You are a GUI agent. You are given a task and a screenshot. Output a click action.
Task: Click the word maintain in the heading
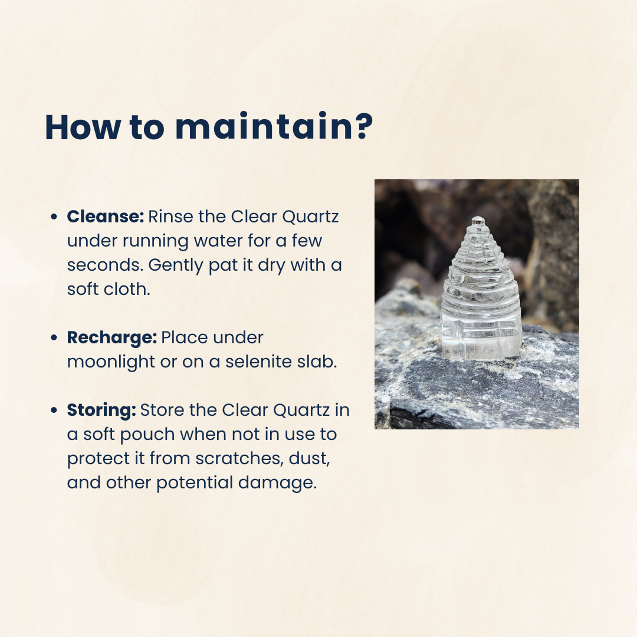264,127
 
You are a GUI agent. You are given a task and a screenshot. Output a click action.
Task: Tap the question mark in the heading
363,126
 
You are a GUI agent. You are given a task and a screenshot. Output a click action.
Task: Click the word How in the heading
83,127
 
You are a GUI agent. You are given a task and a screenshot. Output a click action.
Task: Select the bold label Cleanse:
105,216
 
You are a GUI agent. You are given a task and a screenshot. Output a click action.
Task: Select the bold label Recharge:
111,338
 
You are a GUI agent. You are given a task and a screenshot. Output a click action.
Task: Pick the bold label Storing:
101,411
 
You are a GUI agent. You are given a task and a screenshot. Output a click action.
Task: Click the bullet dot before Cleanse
54,217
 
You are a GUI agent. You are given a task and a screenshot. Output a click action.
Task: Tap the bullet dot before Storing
54,410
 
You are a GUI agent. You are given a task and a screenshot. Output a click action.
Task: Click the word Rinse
170,216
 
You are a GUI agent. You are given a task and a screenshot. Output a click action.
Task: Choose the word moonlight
111,362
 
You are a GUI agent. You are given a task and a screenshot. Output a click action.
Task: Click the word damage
277,483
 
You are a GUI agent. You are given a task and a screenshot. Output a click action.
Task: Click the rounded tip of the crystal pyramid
478,219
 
